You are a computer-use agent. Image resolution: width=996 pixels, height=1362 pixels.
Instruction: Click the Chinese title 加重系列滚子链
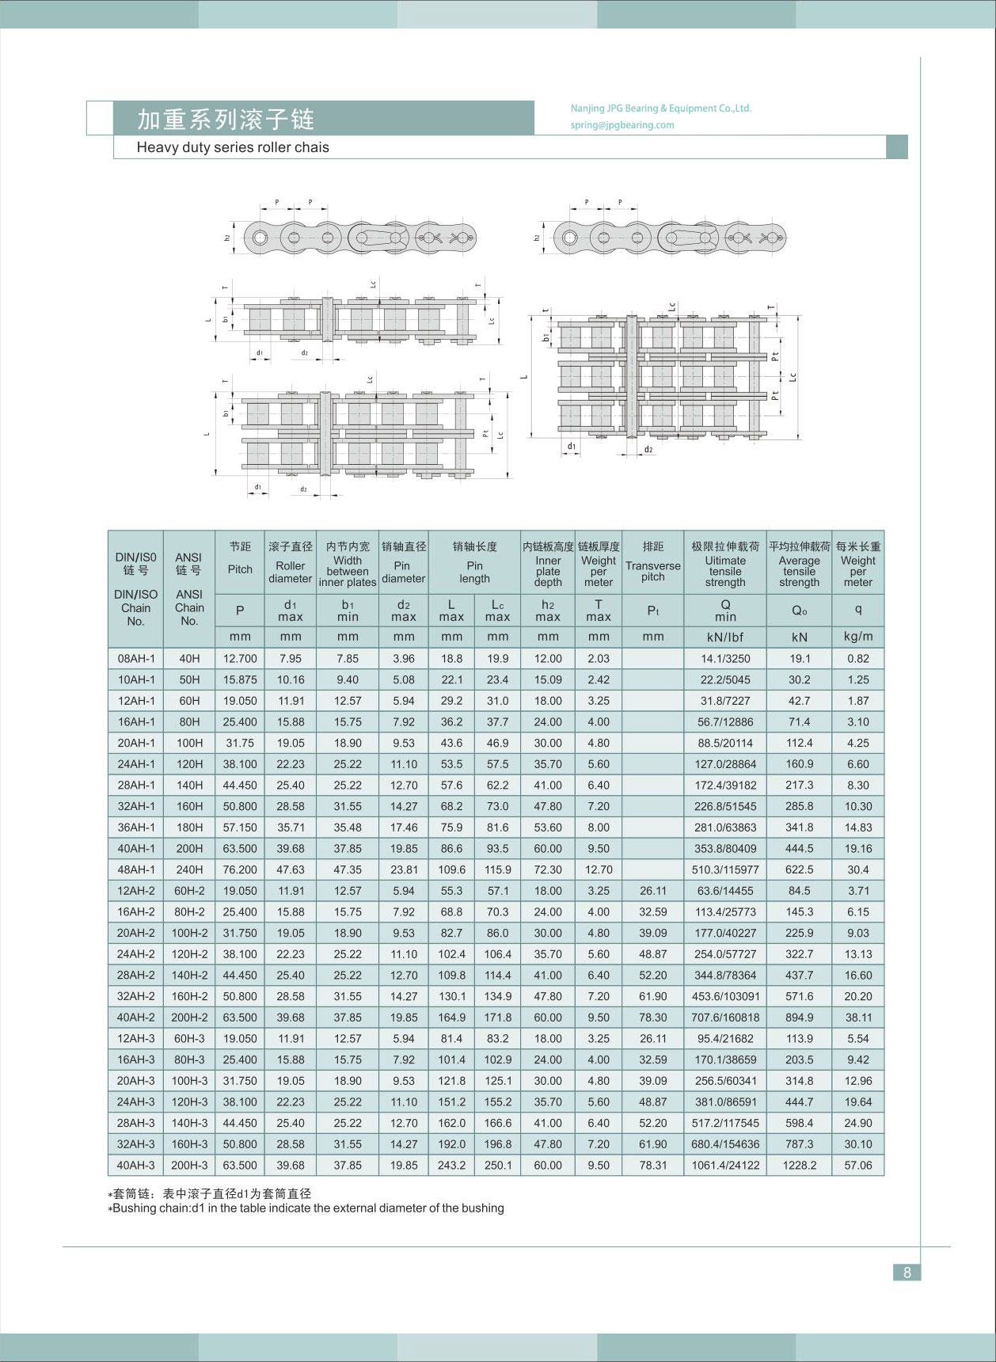click(226, 119)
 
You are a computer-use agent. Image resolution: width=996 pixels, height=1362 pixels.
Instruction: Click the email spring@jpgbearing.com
click(622, 125)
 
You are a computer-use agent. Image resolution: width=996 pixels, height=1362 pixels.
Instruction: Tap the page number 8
click(907, 1273)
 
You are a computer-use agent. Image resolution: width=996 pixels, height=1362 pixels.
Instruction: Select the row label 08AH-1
click(135, 659)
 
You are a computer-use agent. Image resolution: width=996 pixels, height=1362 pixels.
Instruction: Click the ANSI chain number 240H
click(189, 869)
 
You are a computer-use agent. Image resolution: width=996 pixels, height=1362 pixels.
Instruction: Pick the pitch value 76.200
click(240, 869)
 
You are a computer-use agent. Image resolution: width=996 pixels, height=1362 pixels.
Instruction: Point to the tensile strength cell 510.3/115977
click(725, 869)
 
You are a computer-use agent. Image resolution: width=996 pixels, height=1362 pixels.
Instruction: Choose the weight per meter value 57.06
click(858, 1166)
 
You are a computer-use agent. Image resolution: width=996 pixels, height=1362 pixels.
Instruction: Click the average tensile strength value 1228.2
click(799, 1166)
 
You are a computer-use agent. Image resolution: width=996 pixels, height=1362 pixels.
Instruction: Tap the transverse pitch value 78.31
click(653, 1166)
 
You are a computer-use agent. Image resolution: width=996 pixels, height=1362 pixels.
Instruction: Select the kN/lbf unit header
click(725, 637)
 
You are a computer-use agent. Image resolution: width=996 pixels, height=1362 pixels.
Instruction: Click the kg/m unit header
click(858, 637)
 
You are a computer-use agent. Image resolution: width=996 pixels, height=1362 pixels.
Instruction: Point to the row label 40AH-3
click(135, 1166)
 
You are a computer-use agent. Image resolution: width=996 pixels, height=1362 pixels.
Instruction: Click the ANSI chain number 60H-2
click(189, 891)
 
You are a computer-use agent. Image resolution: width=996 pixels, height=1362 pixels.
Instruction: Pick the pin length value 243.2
click(452, 1166)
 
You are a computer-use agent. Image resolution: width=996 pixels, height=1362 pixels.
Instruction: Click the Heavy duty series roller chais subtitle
click(233, 147)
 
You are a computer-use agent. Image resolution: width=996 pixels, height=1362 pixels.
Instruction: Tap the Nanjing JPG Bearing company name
click(660, 108)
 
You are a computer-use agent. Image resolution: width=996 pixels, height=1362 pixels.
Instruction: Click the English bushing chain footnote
click(307, 1208)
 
